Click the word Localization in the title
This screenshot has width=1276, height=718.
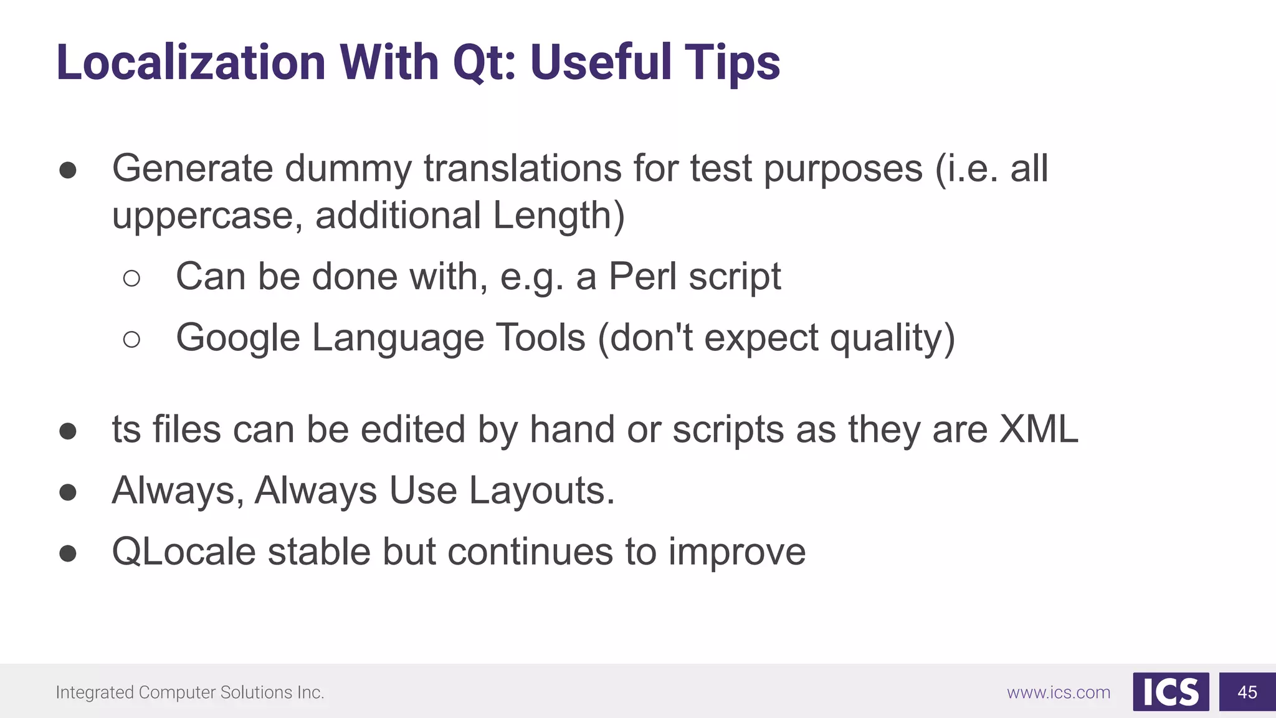[x=191, y=62]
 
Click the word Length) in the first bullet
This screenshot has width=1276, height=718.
[x=558, y=216]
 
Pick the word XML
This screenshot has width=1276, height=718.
[x=1038, y=429]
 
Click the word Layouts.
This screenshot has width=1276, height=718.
[x=541, y=491]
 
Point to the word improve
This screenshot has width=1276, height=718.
[x=737, y=552]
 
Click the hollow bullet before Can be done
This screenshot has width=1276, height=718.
[x=131, y=278]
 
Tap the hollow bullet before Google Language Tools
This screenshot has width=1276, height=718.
[x=131, y=340]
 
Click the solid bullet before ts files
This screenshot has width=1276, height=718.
[x=68, y=431]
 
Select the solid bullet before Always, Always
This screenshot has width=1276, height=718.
[x=68, y=492]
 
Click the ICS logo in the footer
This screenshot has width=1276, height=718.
[x=1171, y=692]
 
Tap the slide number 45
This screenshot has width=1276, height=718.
[x=1247, y=692]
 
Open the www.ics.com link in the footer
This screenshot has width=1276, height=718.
[x=1059, y=692]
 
